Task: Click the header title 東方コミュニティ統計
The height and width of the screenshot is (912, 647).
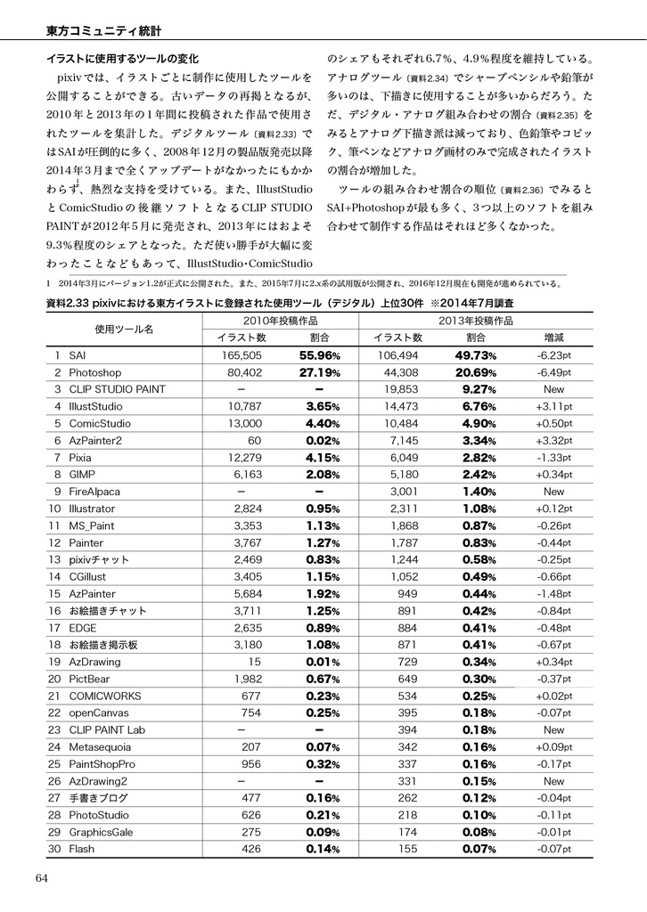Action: point(103,31)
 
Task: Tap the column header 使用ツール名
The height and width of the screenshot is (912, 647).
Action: point(124,329)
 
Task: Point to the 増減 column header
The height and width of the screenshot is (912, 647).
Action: point(553,338)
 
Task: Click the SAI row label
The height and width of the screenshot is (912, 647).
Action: point(78,354)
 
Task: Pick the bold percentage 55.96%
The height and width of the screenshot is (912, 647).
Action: point(320,354)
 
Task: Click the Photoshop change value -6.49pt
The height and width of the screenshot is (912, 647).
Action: point(553,371)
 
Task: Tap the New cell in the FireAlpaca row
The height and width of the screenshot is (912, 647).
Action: point(553,491)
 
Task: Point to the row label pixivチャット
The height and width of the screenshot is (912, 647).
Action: point(99,559)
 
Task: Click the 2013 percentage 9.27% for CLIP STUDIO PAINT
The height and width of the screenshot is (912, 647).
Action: point(479,388)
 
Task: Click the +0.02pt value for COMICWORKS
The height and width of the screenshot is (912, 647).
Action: point(553,696)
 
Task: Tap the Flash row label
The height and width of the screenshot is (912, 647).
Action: point(81,849)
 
